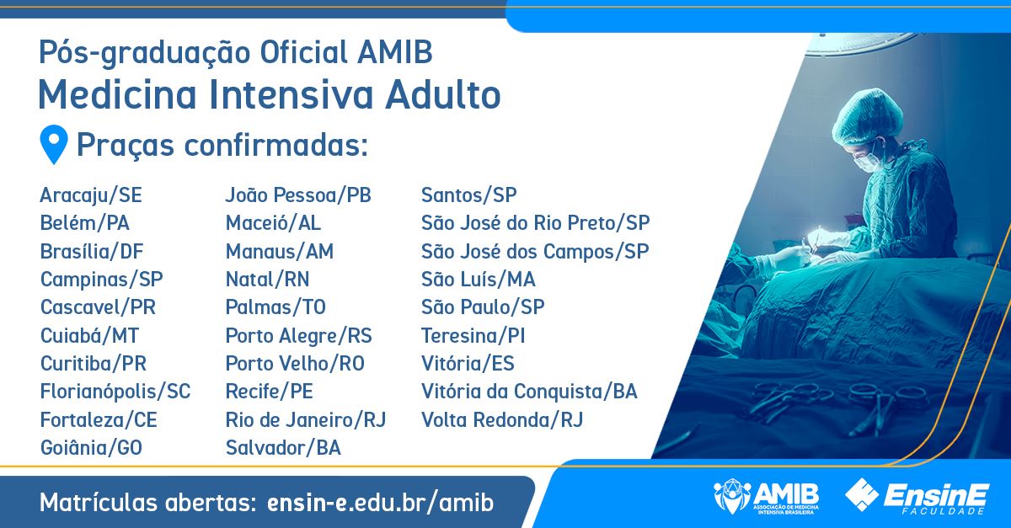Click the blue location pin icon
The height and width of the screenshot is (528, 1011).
54,144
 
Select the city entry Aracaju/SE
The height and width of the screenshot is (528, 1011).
91,195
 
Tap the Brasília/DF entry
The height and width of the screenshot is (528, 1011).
92,251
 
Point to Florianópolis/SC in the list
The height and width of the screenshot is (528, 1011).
115,392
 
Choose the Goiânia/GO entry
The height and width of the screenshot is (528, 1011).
91,448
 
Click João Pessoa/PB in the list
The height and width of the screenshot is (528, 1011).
298,195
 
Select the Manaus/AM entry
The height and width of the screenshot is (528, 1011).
280,251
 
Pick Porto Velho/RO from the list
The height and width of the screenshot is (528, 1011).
295,363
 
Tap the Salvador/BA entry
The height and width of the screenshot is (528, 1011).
283,448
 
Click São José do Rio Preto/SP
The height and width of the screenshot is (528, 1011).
536,223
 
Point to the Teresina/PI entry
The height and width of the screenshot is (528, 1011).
473,335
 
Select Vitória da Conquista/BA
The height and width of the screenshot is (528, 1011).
529,392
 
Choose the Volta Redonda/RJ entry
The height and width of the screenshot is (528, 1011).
502,419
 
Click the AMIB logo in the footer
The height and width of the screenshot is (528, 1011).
767,496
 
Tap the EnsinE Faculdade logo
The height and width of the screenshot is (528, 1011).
917,496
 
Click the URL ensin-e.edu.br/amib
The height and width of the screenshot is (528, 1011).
381,502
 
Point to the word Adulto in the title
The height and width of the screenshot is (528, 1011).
443,95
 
